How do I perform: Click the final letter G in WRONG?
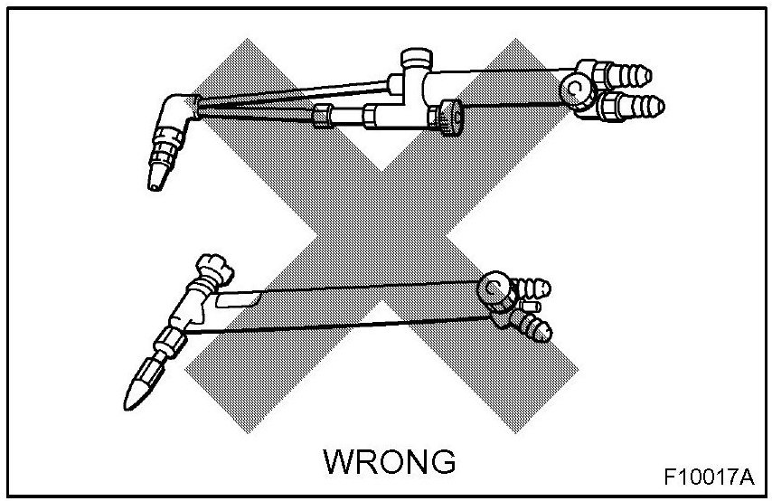tap(439, 461)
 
